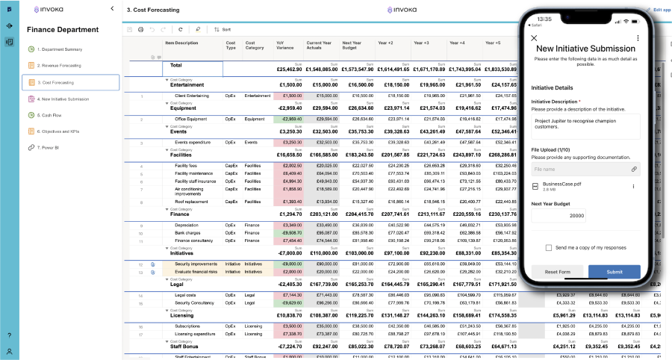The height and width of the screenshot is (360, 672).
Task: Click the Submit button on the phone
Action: tap(614, 272)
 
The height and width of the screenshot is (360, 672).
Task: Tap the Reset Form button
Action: tap(557, 272)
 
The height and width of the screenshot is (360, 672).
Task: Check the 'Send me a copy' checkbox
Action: tap(549, 247)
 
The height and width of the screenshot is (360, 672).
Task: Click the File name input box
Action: tap(579, 170)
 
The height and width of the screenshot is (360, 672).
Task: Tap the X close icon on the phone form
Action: tap(534, 37)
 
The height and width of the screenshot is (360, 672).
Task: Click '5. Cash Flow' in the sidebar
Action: tap(53, 115)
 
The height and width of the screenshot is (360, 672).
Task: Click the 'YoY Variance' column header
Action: tap(284, 46)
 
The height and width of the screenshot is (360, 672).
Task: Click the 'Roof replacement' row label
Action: tap(192, 202)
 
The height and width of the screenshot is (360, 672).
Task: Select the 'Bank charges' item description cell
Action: tap(187, 233)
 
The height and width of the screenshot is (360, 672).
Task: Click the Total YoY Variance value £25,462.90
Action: tap(287, 69)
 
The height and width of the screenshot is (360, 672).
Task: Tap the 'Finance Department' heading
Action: tap(57, 30)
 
